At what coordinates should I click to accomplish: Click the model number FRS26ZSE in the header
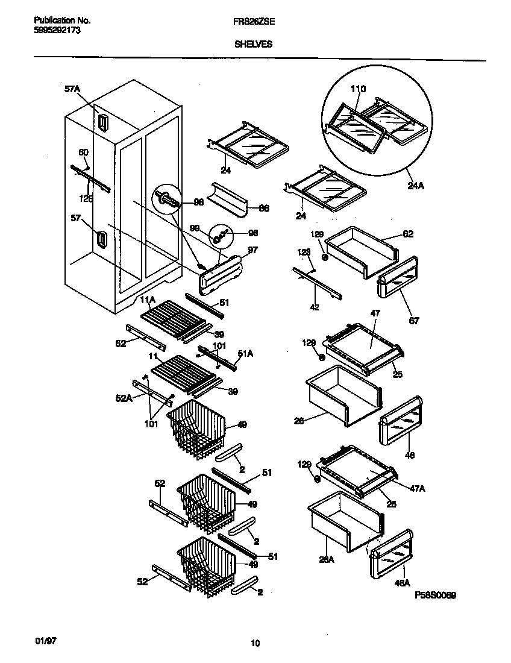251,20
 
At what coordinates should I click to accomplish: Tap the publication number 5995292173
54,29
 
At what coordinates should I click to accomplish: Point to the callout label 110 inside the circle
358,89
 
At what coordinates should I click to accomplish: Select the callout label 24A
416,186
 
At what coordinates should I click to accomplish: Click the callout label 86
263,209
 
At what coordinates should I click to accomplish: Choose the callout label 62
408,234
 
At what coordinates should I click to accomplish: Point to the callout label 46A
403,583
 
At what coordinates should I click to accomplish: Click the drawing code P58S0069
435,595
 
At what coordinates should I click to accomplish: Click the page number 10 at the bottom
255,644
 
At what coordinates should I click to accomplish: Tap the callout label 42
314,307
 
